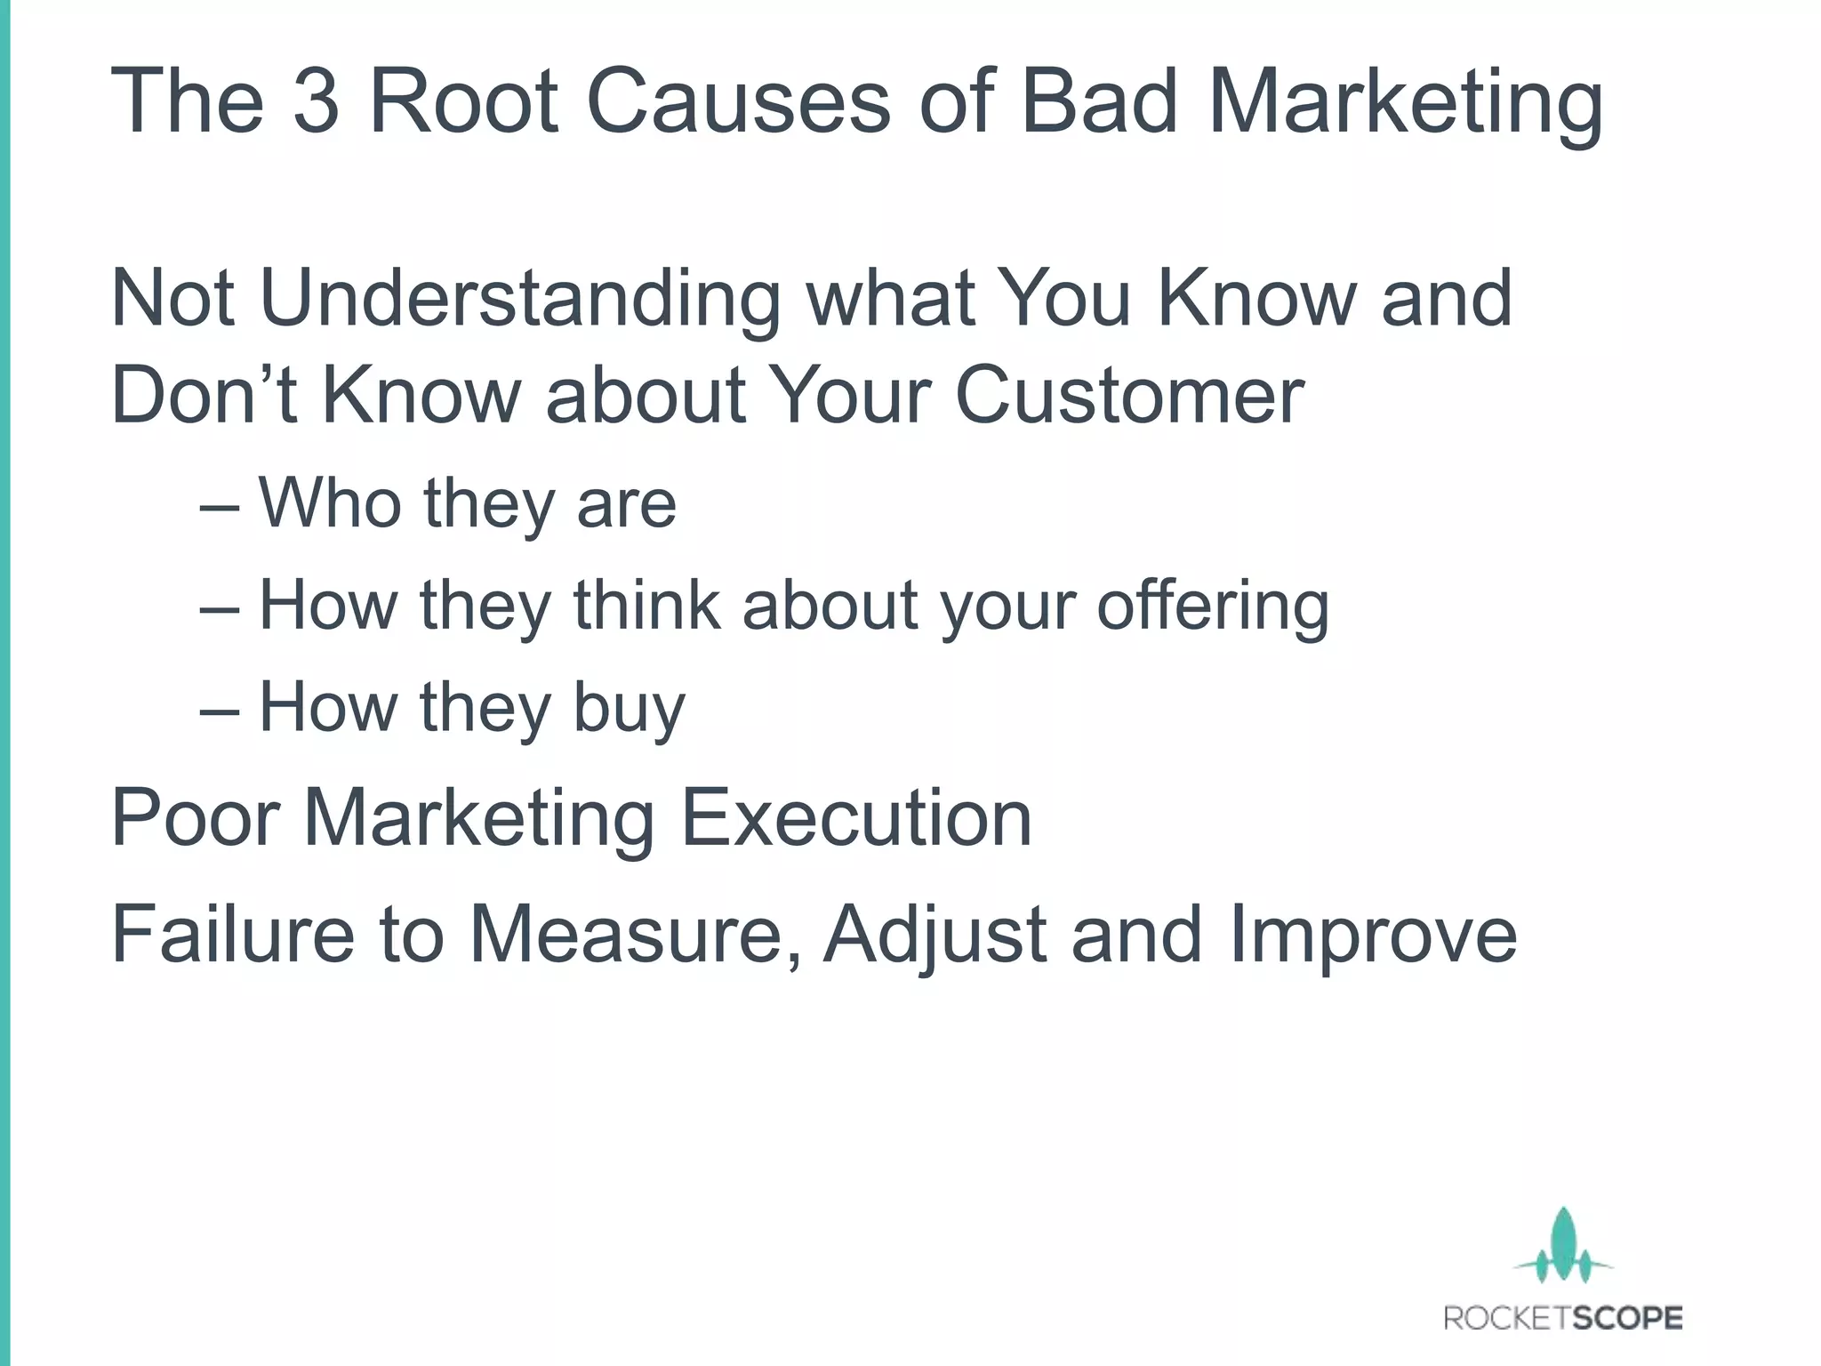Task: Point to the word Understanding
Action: (519, 301)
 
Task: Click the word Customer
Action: (1129, 395)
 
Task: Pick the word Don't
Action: (204, 395)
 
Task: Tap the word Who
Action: (330, 503)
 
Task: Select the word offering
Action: (1213, 607)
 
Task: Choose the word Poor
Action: (197, 818)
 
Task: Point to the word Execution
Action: (855, 818)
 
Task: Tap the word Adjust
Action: (935, 936)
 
